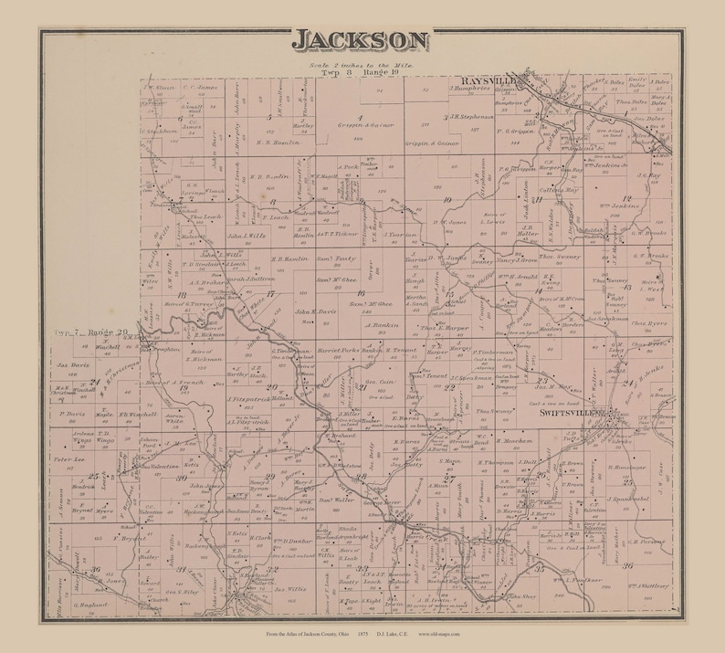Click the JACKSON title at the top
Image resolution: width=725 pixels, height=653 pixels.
[x=361, y=40]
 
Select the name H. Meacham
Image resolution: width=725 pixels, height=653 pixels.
[x=499, y=439]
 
